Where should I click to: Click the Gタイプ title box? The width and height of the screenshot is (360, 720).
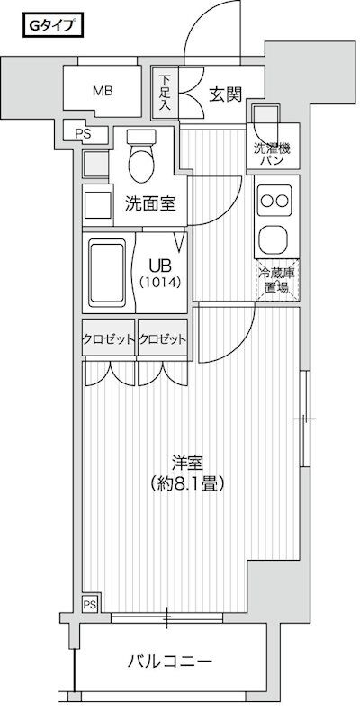pyautogui.click(x=53, y=25)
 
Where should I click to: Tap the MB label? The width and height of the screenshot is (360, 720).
pyautogui.click(x=103, y=91)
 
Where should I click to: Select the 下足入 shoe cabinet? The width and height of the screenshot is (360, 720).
pyautogui.click(x=165, y=93)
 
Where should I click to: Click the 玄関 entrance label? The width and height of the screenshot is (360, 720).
pyautogui.click(x=226, y=94)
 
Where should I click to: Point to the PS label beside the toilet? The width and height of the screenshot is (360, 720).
pyautogui.click(x=84, y=133)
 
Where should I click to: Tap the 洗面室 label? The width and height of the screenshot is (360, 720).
pyautogui.click(x=150, y=204)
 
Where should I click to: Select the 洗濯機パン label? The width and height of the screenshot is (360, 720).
pyautogui.click(x=273, y=154)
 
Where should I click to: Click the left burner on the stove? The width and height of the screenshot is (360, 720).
pyautogui.click(x=266, y=201)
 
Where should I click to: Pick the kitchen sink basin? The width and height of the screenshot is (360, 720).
pyautogui.click(x=274, y=238)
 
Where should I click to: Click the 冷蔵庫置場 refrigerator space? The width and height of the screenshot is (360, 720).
pyautogui.click(x=277, y=280)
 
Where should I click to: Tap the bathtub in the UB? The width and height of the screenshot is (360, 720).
pyautogui.click(x=107, y=274)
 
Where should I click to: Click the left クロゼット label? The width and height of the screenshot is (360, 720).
pyautogui.click(x=109, y=339)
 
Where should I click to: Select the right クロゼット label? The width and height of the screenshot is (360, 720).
pyautogui.click(x=163, y=339)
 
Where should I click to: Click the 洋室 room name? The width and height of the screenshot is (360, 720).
pyautogui.click(x=187, y=463)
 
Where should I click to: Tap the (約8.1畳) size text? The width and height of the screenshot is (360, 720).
pyautogui.click(x=187, y=483)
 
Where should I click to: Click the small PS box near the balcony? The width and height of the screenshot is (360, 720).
pyautogui.click(x=90, y=604)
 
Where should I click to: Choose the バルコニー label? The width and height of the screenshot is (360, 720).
pyautogui.click(x=170, y=661)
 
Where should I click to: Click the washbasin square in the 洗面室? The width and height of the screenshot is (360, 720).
pyautogui.click(x=98, y=205)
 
